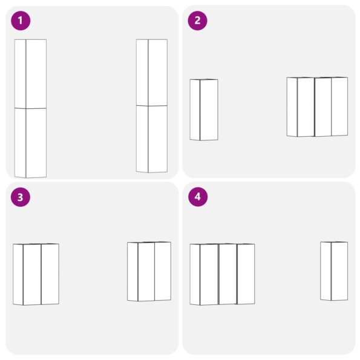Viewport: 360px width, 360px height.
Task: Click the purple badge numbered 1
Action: pos(20,21)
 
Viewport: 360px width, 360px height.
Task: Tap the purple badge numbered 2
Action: pos(197,21)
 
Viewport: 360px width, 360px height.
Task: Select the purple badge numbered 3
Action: pos(20,197)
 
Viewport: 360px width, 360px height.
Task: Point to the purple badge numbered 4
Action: pos(197,197)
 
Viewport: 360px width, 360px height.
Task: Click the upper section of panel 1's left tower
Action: pos(30,73)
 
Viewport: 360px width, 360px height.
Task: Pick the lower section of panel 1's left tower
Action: pos(30,143)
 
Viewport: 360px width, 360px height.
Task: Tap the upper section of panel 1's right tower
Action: pos(151,72)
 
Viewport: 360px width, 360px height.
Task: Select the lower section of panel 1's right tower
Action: pos(151,139)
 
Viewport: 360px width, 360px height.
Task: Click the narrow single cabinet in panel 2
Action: pos(204,110)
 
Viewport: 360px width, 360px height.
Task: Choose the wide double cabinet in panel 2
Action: pos(317,106)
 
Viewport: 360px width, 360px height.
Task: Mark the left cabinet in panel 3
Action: pos(36,274)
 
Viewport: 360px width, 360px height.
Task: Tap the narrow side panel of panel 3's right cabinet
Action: pos(133,271)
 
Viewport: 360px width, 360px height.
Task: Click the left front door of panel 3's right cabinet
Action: pos(146,272)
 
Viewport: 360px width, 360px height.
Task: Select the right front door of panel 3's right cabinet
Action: pos(163,271)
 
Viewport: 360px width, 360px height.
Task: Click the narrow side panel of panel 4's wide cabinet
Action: pos(195,274)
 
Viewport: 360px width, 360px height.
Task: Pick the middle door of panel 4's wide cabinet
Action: pos(227,274)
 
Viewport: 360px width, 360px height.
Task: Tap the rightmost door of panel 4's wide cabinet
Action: pos(246,274)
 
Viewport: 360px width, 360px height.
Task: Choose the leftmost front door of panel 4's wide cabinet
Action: pos(209,274)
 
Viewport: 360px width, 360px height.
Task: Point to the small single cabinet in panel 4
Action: pos(334,270)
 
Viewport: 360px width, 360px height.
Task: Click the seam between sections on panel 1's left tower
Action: pos(30,108)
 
